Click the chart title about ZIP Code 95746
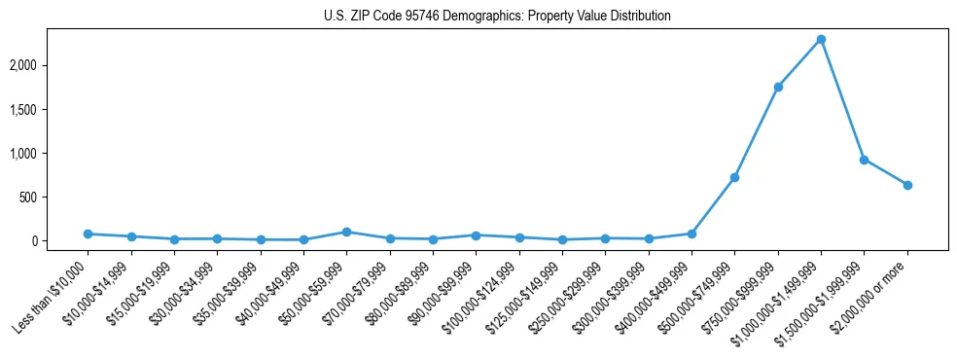coord(497,17)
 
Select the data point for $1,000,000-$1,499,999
coord(821,40)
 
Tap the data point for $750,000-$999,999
coord(778,87)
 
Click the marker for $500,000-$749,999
coord(734,177)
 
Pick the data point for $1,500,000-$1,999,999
coord(864,160)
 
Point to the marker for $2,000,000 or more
coord(907,185)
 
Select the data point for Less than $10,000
coord(89,234)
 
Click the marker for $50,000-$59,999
coord(346,232)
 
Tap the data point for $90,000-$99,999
coord(476,235)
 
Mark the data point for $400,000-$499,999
coord(691,234)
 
